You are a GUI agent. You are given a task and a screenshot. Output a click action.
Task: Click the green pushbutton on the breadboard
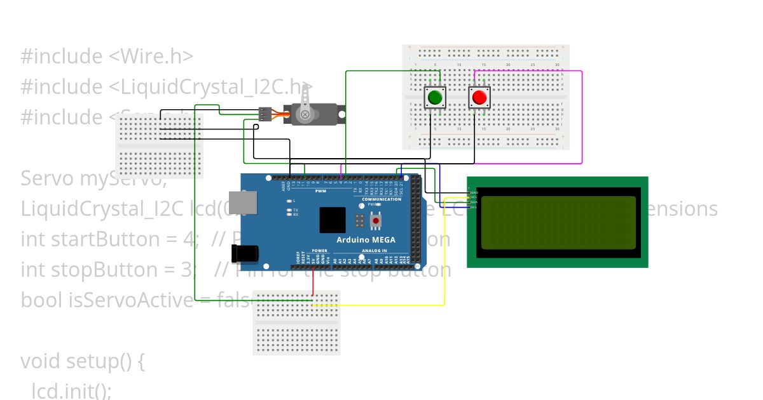click(435, 98)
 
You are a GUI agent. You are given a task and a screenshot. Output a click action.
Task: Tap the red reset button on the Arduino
click(376, 221)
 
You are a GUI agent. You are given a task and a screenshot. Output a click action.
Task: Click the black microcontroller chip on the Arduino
click(332, 220)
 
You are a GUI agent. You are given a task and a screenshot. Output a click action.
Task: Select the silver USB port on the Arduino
click(243, 202)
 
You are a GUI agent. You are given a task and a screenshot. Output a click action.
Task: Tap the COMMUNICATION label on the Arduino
click(381, 199)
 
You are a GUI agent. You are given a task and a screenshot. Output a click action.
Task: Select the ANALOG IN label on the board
click(375, 251)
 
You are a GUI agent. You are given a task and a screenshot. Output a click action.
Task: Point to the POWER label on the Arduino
click(320, 251)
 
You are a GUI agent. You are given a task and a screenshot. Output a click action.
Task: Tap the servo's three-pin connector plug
click(265, 114)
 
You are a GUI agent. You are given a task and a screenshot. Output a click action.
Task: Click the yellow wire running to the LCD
click(444, 254)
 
